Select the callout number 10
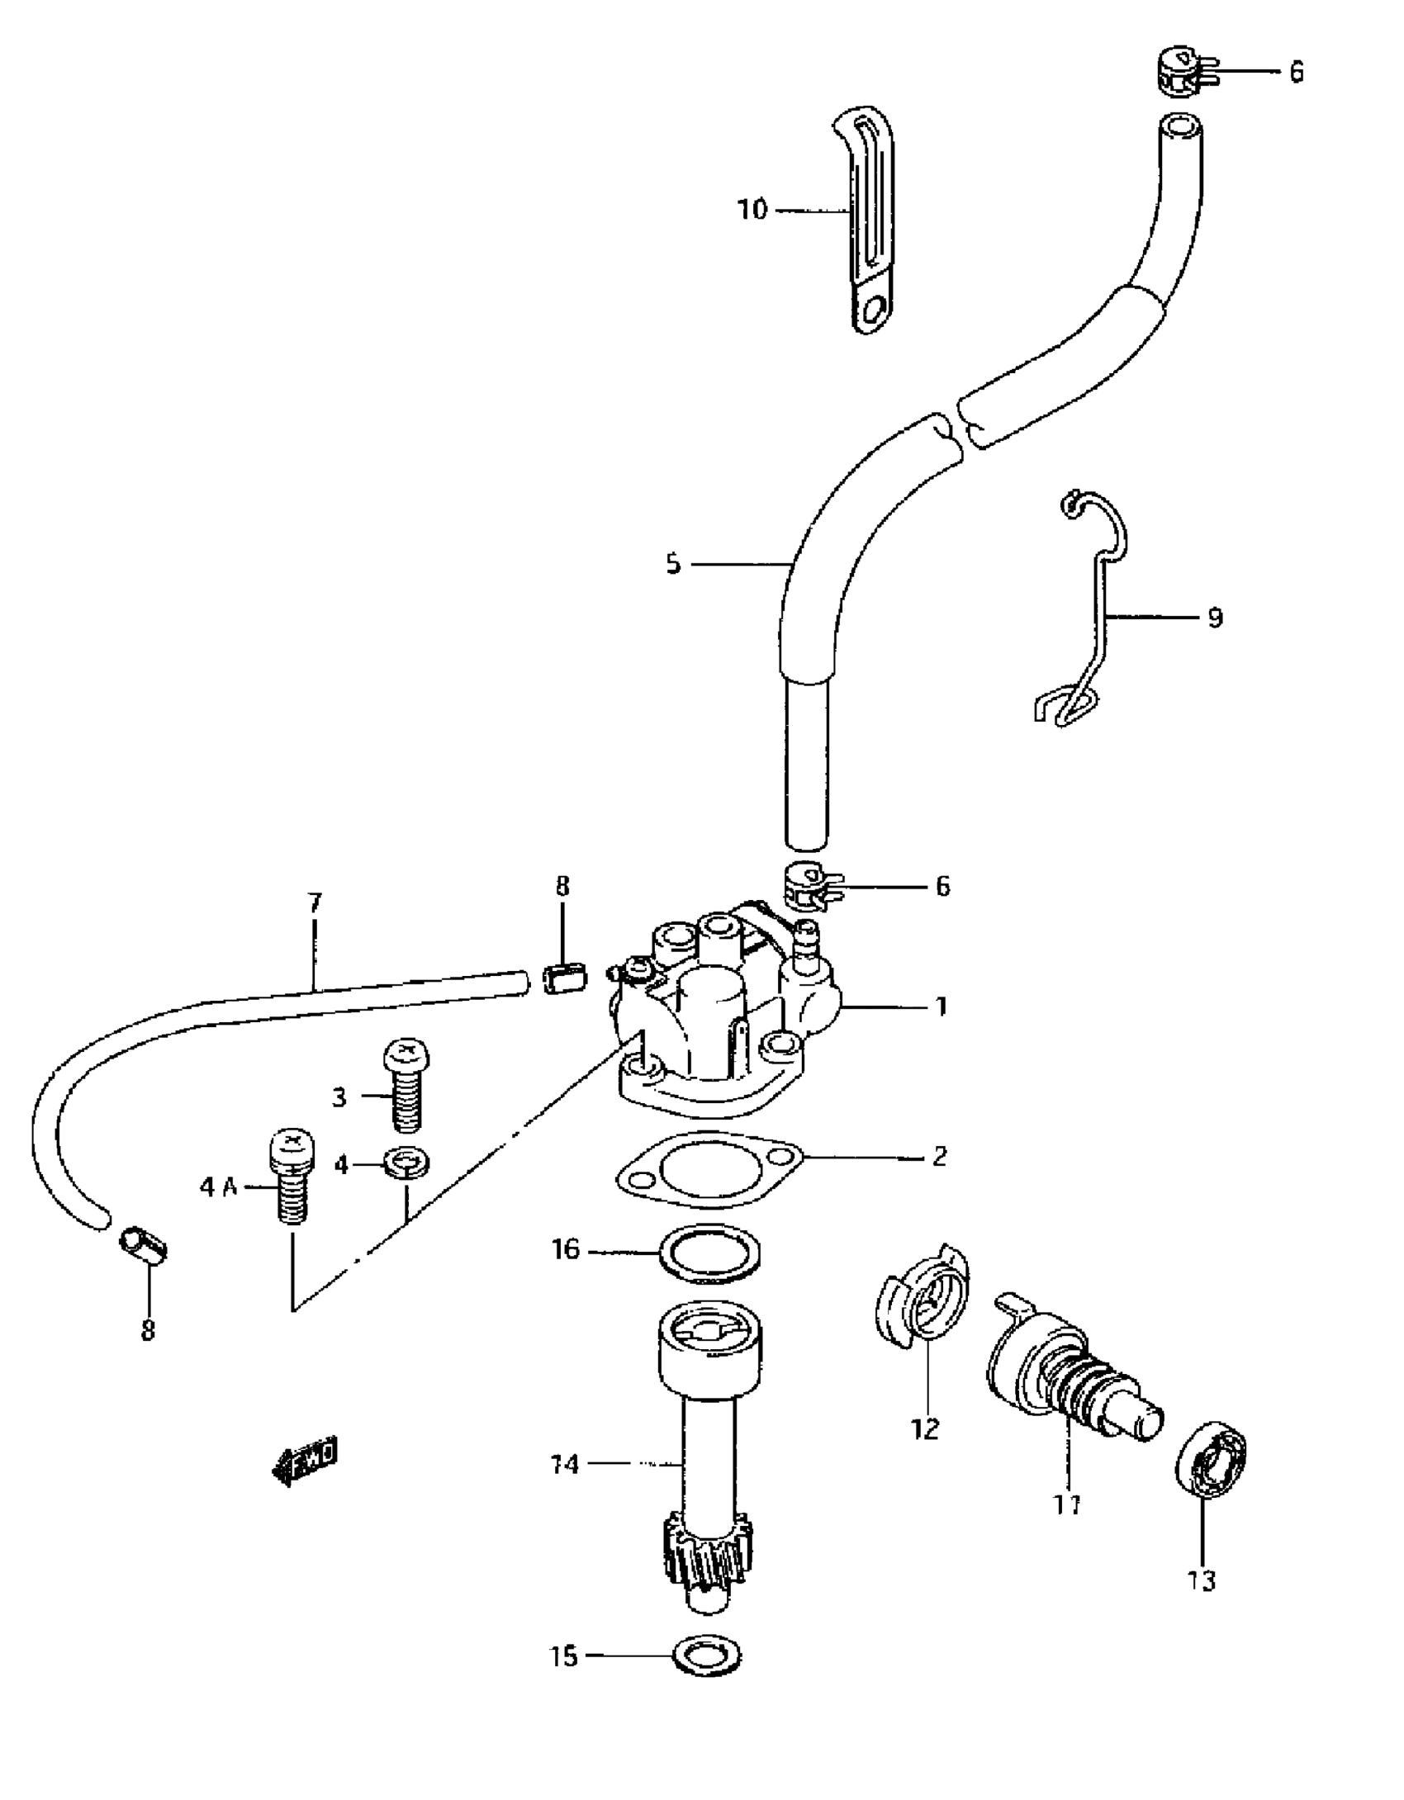pyautogui.click(x=752, y=211)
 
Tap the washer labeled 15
pyautogui.click(x=708, y=1657)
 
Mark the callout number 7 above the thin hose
pyautogui.click(x=315, y=902)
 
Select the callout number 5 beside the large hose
pyautogui.click(x=673, y=565)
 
